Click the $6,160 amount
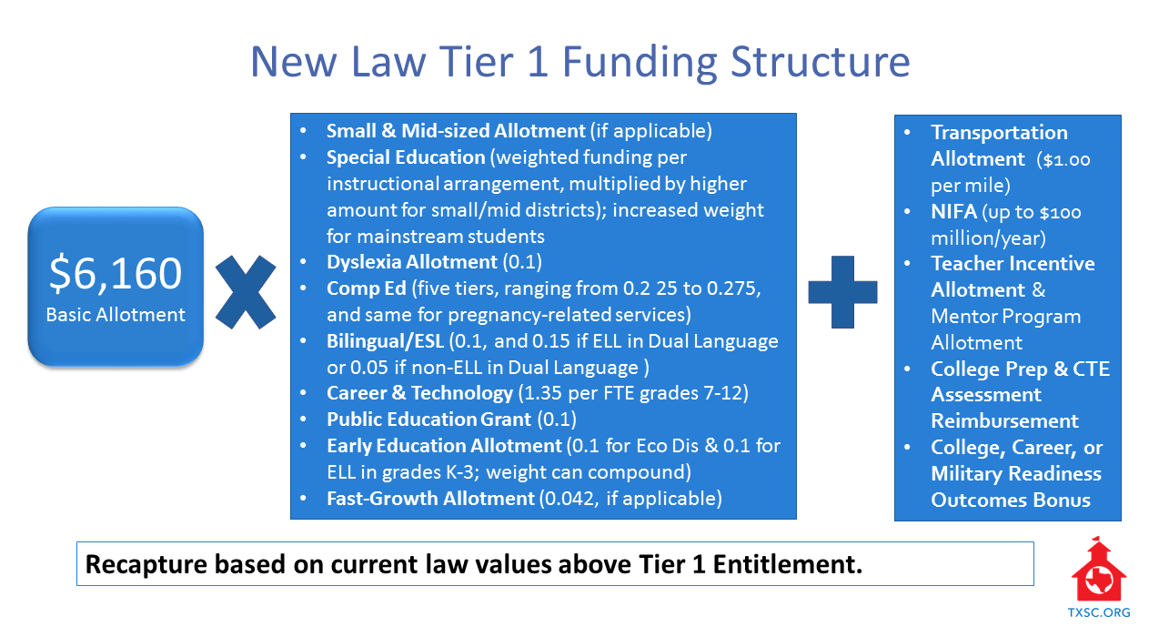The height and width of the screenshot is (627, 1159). pyautogui.click(x=116, y=273)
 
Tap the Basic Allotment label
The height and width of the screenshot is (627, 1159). pyautogui.click(x=116, y=315)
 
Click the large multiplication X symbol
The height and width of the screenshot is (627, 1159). pyautogui.click(x=246, y=292)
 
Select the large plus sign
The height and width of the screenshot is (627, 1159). pyautogui.click(x=842, y=291)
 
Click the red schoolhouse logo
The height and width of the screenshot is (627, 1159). pyautogui.click(x=1098, y=570)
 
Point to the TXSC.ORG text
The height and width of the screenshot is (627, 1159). pyautogui.click(x=1099, y=612)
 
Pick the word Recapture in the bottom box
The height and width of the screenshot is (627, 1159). pyautogui.click(x=146, y=564)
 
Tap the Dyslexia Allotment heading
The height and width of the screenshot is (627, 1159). pyautogui.click(x=412, y=262)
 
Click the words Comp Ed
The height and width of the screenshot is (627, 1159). pyautogui.click(x=367, y=288)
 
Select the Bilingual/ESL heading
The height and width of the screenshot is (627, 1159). pyautogui.click(x=385, y=341)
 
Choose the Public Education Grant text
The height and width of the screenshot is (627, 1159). pyautogui.click(x=428, y=420)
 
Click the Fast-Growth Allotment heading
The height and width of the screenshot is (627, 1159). pyautogui.click(x=430, y=499)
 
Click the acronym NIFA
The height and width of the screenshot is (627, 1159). pyautogui.click(x=953, y=212)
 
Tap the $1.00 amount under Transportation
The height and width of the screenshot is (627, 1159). pyautogui.click(x=1066, y=160)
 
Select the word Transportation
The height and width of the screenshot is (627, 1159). pyautogui.click(x=999, y=133)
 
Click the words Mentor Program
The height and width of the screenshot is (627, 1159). pyautogui.click(x=1006, y=317)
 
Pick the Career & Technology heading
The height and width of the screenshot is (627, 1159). pyautogui.click(x=419, y=393)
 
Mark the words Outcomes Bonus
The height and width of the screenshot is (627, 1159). pyautogui.click(x=1011, y=501)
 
